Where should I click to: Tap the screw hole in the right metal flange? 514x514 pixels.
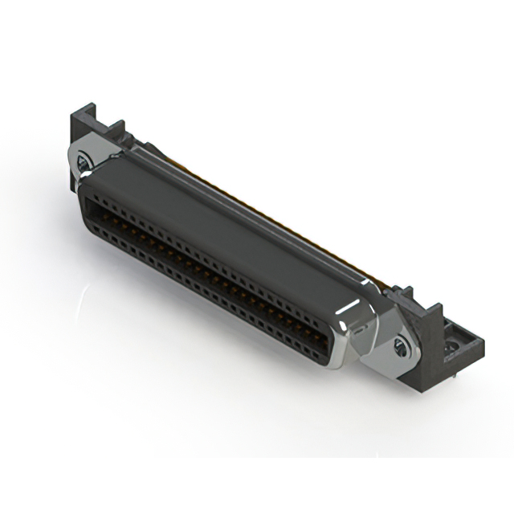pyautogui.click(x=400, y=348)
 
